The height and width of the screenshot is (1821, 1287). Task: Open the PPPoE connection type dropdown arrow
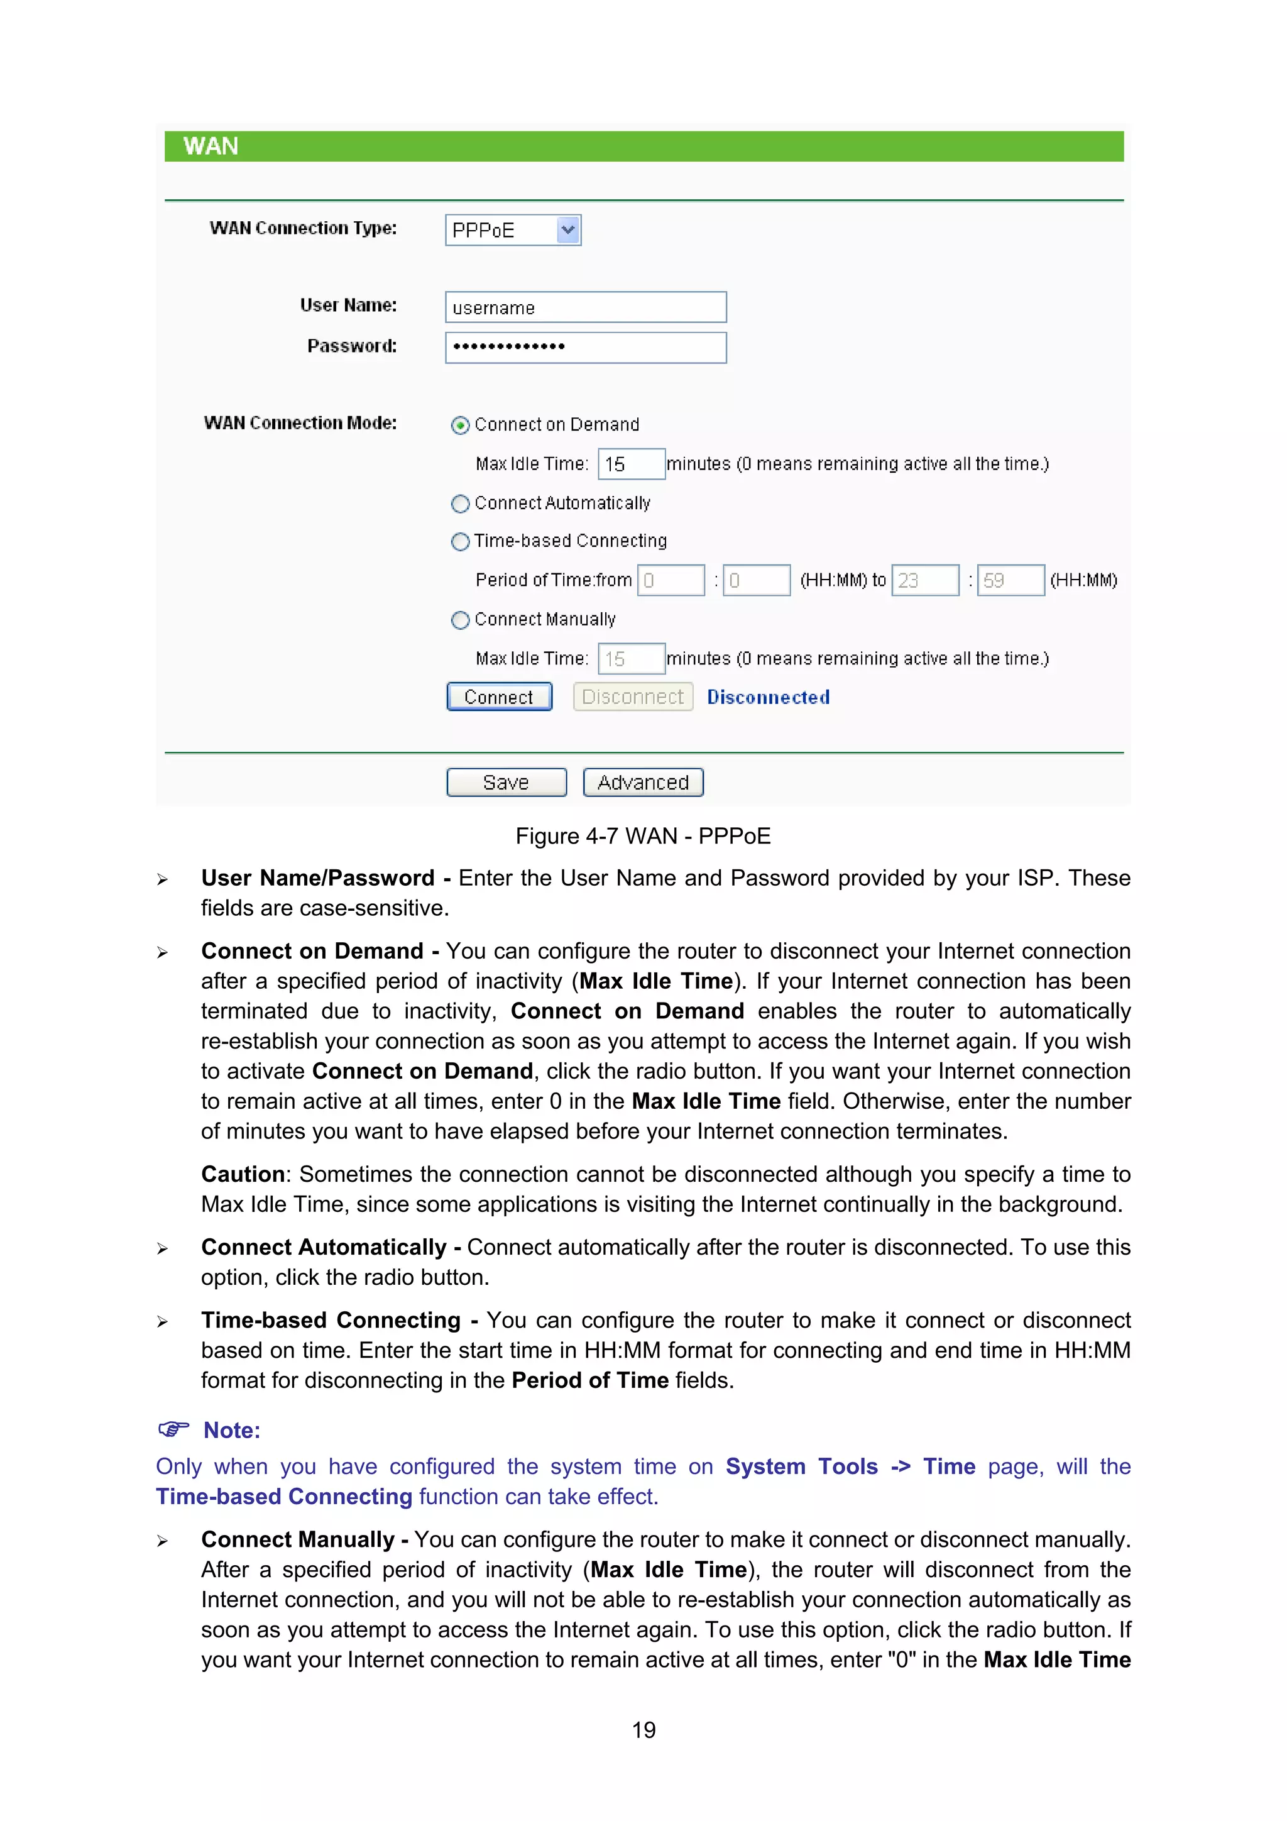pos(567,230)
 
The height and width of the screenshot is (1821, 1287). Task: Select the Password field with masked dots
pos(585,348)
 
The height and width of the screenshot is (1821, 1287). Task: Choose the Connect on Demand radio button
pos(460,425)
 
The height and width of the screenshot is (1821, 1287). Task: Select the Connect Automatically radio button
pos(460,503)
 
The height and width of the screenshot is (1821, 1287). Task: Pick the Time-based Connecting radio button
pos(460,542)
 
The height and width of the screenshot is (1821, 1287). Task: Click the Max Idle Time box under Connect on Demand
pos(630,464)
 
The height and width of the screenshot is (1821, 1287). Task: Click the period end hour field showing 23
pos(924,581)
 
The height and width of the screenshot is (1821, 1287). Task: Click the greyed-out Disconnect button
pos(632,697)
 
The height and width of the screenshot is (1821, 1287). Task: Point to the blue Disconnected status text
pos(767,697)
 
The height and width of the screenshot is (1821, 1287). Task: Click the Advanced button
pos(642,783)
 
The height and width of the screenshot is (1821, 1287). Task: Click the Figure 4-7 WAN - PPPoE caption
pos(642,836)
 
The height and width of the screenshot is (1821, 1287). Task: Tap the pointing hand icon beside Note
pos(173,1429)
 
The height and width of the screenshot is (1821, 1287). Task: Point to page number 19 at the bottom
pos(643,1730)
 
